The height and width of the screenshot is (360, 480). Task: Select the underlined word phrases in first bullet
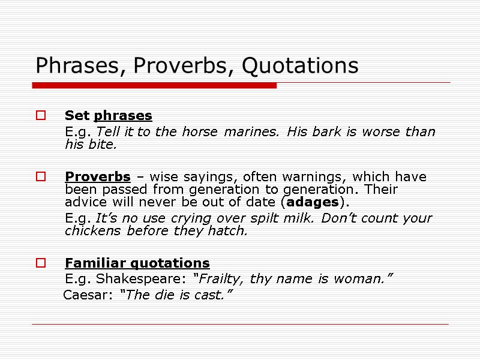(x=123, y=115)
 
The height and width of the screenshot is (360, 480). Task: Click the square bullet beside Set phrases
(x=40, y=115)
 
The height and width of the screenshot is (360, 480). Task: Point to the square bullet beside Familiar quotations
(x=40, y=263)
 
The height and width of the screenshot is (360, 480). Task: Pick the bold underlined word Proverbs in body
(x=97, y=177)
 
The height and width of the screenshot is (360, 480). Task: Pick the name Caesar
(x=83, y=295)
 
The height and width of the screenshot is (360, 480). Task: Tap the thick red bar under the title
(x=154, y=86)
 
